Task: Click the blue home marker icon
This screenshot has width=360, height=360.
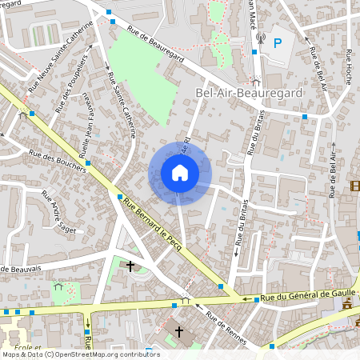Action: click(180, 173)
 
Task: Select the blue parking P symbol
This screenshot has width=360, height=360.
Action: click(278, 42)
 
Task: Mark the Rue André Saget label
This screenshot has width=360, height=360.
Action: click(58, 210)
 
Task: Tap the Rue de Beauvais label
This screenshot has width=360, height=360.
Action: click(19, 266)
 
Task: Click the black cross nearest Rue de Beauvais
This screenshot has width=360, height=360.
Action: click(130, 266)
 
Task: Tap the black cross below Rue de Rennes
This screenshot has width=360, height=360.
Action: click(179, 331)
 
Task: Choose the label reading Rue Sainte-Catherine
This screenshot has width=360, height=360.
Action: click(122, 103)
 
